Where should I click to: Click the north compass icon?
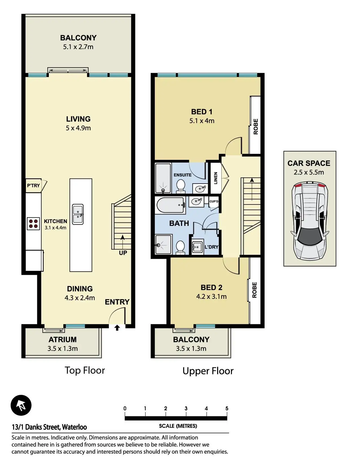click(21, 405)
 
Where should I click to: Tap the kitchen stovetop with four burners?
click(33, 224)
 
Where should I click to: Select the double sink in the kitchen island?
click(78, 214)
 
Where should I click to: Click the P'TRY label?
click(33, 186)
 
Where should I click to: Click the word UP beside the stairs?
click(123, 253)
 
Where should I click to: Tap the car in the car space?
click(310, 221)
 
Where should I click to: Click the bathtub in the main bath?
click(171, 205)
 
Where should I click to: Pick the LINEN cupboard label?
click(216, 178)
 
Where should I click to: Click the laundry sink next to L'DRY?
click(197, 247)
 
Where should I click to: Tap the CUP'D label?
click(214, 201)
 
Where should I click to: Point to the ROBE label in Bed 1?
click(256, 127)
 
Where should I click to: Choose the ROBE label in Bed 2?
click(254, 290)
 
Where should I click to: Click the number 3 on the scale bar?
click(186, 409)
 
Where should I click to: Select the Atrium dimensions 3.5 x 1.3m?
click(63, 349)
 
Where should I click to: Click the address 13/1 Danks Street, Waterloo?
click(49, 427)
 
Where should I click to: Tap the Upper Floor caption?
click(208, 371)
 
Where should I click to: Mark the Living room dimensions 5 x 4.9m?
click(78, 128)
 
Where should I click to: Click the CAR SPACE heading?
click(309, 163)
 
